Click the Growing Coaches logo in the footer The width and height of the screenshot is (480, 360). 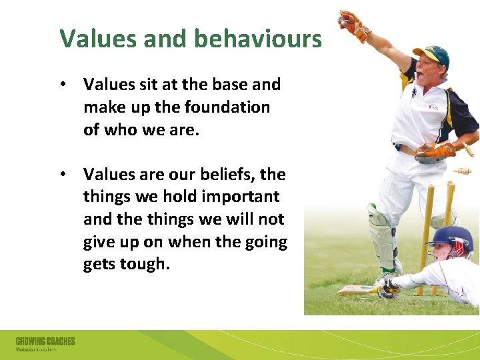[45, 343]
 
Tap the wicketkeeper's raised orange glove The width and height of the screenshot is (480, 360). [353, 26]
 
